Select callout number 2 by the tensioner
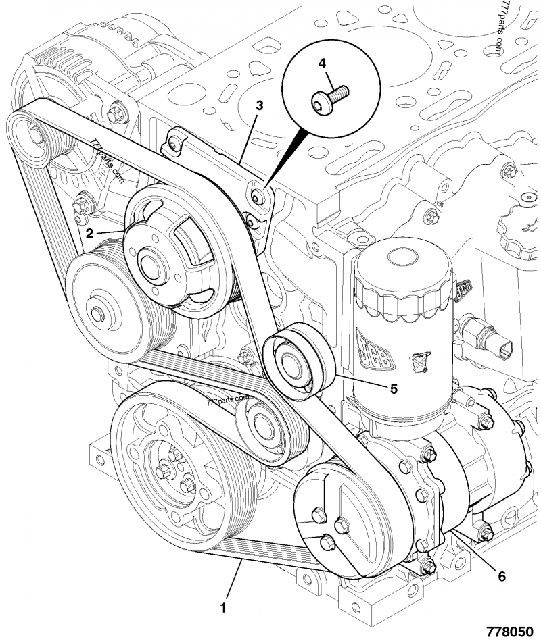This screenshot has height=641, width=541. (90, 234)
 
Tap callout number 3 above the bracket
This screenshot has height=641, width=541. (259, 105)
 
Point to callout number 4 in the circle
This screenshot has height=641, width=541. (322, 63)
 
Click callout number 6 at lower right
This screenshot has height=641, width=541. (501, 576)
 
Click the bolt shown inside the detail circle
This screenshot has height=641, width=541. (329, 97)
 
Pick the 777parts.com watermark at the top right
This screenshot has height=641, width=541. (492, 28)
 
